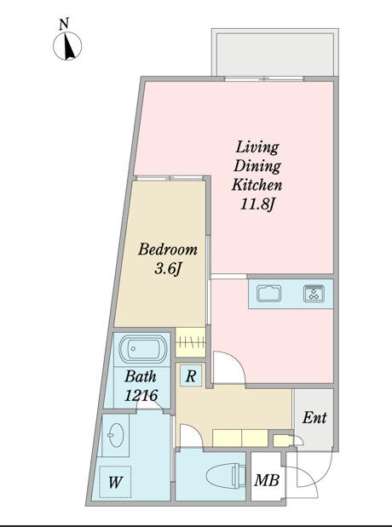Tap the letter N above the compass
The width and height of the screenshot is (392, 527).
coord(64,25)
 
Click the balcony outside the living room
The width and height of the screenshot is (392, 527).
coord(272,54)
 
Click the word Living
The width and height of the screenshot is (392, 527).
coord(257,148)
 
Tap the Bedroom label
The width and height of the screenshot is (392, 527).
coord(168,250)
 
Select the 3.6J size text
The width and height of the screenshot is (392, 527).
coord(168,269)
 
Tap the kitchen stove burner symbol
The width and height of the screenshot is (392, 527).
coord(314,295)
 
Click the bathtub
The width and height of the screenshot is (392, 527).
coord(142,350)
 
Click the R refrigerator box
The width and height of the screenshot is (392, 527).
coord(191,375)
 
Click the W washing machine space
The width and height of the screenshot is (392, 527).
coord(114,483)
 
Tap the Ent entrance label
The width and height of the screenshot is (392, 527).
coord(314,419)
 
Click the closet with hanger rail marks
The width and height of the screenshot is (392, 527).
coord(192,343)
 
